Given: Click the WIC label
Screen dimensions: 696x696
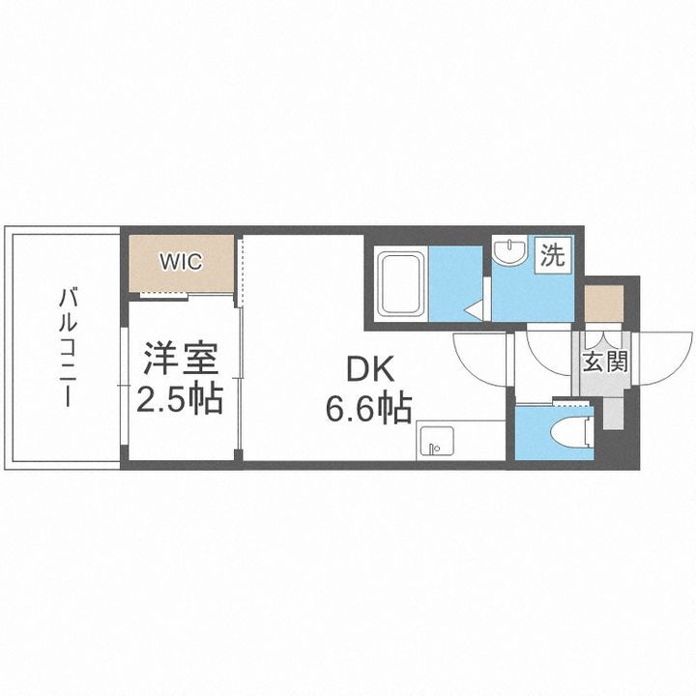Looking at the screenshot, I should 181,262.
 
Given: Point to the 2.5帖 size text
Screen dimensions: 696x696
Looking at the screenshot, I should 181,397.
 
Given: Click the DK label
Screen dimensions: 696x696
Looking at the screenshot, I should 368,368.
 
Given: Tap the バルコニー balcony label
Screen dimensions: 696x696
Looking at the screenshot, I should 67,347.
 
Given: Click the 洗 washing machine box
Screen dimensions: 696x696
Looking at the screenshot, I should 552,256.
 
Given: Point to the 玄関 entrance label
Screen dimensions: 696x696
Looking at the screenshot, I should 605,362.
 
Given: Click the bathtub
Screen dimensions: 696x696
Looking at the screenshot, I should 399,281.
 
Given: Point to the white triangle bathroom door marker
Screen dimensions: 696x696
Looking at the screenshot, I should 476,309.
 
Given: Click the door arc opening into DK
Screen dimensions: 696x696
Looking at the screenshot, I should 480,361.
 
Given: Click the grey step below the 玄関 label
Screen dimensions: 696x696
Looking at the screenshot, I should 613,412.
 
